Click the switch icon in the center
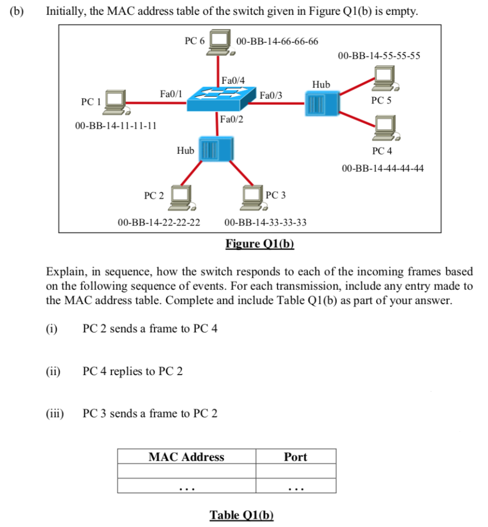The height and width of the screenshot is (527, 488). point(221,99)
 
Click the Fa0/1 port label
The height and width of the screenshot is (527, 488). point(171,93)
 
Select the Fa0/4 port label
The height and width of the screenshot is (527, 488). point(233,80)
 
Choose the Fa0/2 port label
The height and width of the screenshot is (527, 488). point(232,119)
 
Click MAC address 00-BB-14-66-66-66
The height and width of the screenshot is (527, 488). point(277,41)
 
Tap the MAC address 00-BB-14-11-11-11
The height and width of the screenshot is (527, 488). point(116,126)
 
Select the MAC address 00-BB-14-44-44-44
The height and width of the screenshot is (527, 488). point(383,168)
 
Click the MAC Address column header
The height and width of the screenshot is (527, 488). point(187,457)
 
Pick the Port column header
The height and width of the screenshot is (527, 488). point(296,457)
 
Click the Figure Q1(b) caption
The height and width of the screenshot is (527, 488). point(260,243)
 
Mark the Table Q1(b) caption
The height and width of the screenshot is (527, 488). point(242,515)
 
